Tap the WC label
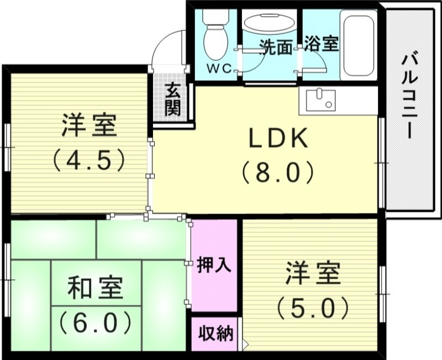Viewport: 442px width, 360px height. click(x=217, y=69)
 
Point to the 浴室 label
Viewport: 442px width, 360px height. click(x=322, y=45)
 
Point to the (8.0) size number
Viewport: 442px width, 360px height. click(x=277, y=173)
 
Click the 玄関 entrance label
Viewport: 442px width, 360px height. click(x=173, y=100)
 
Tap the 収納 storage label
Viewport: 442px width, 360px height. click(x=215, y=334)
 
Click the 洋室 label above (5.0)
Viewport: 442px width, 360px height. click(x=313, y=274)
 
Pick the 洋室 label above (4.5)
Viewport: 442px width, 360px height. click(x=89, y=127)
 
